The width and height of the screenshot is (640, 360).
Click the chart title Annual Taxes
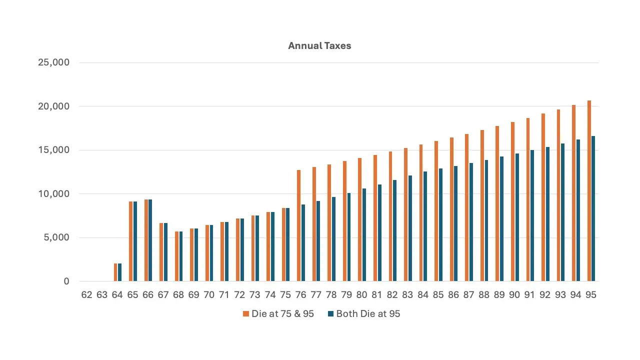[x=319, y=45]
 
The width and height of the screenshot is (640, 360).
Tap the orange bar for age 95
[x=589, y=191]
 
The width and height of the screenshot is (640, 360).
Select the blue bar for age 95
[x=593, y=208]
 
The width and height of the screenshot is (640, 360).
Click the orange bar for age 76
[x=298, y=225]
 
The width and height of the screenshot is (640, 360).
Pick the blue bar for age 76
[x=303, y=243]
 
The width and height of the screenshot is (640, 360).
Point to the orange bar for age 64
[x=115, y=272]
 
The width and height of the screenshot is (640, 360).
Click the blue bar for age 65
[x=135, y=241]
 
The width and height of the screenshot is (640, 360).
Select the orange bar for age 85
[x=436, y=211]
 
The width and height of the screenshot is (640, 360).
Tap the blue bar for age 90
[x=517, y=217]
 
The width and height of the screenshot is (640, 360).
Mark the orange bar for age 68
[x=176, y=256]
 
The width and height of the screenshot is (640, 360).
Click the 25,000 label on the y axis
[x=53, y=62]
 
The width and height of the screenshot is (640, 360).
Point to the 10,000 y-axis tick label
[x=53, y=193]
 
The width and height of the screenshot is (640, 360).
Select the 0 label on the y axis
[x=66, y=281]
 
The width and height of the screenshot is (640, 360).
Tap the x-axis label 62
[x=86, y=295]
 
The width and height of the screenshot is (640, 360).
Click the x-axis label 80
[x=361, y=295]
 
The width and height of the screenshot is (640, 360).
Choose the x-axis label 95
[x=591, y=295]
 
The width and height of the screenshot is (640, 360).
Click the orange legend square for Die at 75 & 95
[x=245, y=313]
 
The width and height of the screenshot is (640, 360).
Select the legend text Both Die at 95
[x=368, y=313]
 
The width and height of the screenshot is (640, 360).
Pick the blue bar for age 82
[x=394, y=230]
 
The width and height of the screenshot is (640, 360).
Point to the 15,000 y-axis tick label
[x=53, y=150]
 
